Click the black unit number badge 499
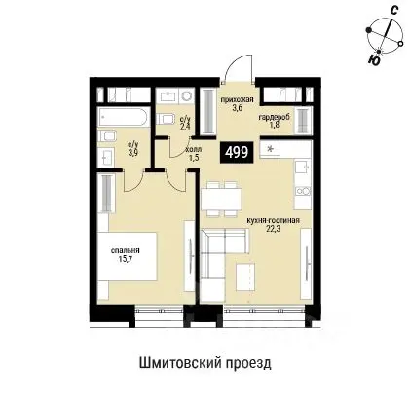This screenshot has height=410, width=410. pyautogui.click(x=235, y=151)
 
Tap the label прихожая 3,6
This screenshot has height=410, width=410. pyautogui.click(x=235, y=105)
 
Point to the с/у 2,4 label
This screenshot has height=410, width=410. pyautogui.click(x=186, y=123)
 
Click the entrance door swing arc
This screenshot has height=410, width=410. pyautogui.click(x=235, y=68)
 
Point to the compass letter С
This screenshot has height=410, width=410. pyautogui.click(x=390, y=10)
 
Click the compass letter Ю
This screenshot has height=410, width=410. pyautogui.click(x=375, y=58)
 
